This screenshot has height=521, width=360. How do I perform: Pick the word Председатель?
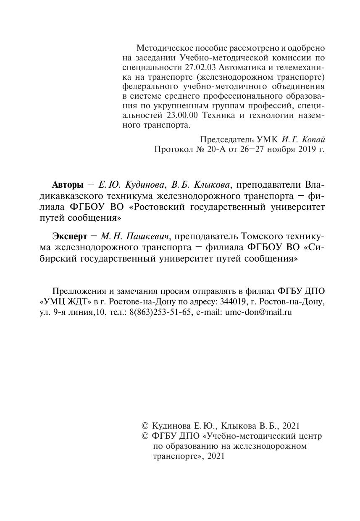pos(226,139)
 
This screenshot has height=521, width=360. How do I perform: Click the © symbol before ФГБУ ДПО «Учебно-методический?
pos(146,436)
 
